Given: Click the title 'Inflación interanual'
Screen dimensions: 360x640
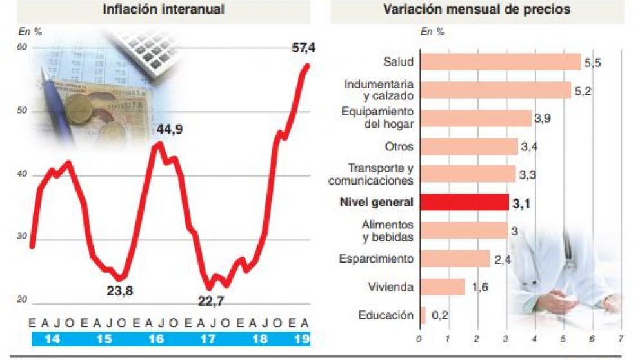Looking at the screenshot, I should tap(163, 9).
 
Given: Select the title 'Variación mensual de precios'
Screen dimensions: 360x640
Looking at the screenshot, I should tap(476, 9).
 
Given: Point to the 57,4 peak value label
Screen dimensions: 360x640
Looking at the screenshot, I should tap(303, 48).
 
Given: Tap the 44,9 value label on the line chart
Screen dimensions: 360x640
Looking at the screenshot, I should tap(170, 130).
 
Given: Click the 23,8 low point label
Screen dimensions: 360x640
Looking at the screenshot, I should tap(119, 291).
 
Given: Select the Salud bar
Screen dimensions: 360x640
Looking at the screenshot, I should tap(500, 61).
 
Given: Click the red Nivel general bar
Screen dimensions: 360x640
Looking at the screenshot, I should tap(465, 202).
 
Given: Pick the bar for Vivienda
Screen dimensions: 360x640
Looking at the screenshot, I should tap(442, 287).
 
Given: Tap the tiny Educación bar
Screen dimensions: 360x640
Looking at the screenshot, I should tap(423, 315).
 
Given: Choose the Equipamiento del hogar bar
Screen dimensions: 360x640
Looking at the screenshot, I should tap(475, 118).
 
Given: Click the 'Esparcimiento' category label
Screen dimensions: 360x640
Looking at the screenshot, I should tap(376, 259).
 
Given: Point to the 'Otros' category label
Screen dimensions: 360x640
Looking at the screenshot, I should tap(399, 146).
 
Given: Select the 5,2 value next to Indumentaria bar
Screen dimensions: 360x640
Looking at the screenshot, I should tap(583, 91).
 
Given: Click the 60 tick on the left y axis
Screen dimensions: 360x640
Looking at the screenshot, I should tap(22, 47).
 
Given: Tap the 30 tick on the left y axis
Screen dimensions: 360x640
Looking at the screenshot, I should tap(22, 237).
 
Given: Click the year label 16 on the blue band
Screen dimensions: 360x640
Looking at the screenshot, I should tap(155, 338).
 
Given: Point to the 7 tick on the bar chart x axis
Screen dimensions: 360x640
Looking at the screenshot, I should tap(621, 338).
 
